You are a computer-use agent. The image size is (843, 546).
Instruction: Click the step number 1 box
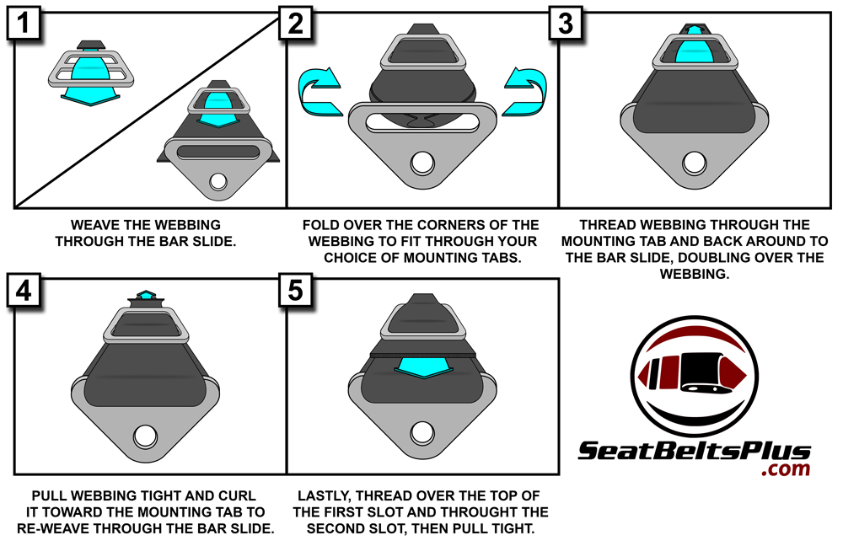click(24, 24)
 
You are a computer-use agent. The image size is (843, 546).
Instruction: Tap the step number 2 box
click(296, 24)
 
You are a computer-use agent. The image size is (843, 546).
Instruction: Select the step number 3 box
click(566, 24)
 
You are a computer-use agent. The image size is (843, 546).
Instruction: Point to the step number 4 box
click(24, 291)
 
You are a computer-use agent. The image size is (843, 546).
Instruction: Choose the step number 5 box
click(296, 291)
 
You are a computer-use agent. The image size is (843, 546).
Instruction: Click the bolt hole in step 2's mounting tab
click(422, 163)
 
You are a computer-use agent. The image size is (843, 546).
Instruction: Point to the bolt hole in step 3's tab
click(694, 163)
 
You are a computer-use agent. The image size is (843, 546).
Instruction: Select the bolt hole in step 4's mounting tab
click(145, 436)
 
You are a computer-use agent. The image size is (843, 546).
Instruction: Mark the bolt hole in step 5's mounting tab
click(422, 432)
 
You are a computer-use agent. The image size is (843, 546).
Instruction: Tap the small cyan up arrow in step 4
click(145, 295)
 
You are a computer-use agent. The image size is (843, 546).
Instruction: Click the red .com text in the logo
click(786, 469)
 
